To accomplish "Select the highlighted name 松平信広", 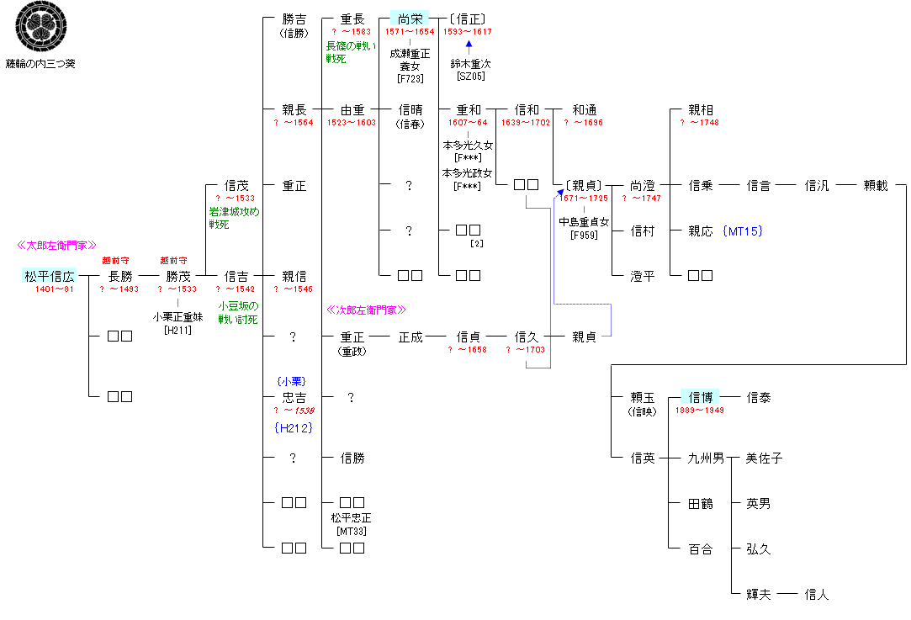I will pos(50,276).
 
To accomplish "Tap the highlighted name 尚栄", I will pos(410,19).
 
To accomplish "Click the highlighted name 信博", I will pos(701,397).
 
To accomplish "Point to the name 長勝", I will pos(120,276).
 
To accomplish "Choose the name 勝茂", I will pos(178,276).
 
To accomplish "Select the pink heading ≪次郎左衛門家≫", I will pos(366,310).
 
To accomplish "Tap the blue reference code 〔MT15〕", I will pos(742,231).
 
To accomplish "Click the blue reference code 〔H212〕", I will pos(294,427).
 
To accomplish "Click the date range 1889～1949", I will pos(700,411).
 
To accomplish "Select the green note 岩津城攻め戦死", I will pos(234,218).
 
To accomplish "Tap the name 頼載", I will pos(876,185).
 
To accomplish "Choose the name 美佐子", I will pos(764,458).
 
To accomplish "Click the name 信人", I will pos(817,595).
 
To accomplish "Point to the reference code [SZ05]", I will pos(470,77).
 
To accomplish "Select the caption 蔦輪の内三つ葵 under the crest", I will pos(40,63).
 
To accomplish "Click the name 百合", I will pos(701,549).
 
